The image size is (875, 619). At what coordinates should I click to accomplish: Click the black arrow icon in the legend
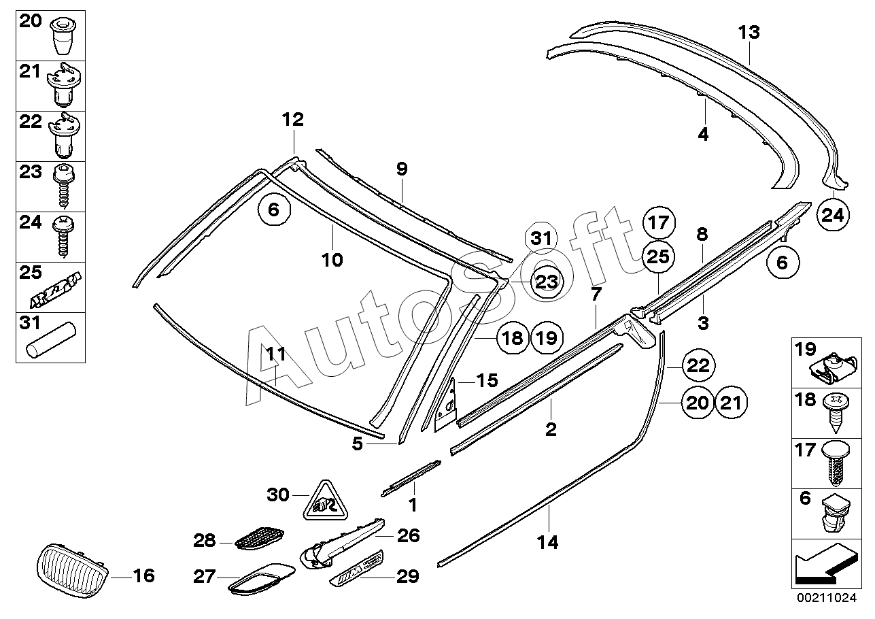826,566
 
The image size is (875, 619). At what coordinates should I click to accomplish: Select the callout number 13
749,33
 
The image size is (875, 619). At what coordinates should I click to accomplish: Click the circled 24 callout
833,215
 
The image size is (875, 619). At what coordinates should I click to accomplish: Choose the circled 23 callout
546,282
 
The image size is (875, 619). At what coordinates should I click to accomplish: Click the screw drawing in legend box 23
63,186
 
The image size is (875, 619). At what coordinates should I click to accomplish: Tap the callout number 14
547,542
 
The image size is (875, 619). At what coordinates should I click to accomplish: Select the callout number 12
292,120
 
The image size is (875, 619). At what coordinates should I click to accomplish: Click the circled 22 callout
698,366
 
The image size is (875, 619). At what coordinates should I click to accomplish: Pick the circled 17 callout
659,222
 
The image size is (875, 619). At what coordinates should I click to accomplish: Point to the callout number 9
402,169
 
